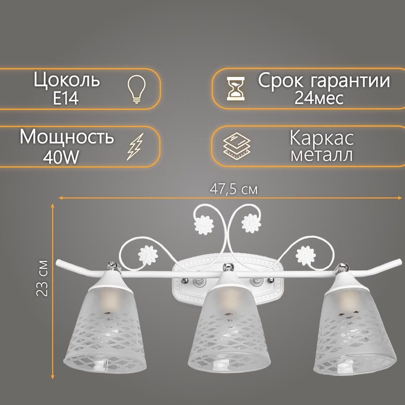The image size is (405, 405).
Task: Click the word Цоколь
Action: [x=68, y=81]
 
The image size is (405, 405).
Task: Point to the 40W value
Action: [x=59, y=156]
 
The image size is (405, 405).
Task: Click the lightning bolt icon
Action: [x=135, y=146]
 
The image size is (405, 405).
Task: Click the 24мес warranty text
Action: [x=319, y=98]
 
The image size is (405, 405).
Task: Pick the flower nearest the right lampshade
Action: [x=305, y=253]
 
